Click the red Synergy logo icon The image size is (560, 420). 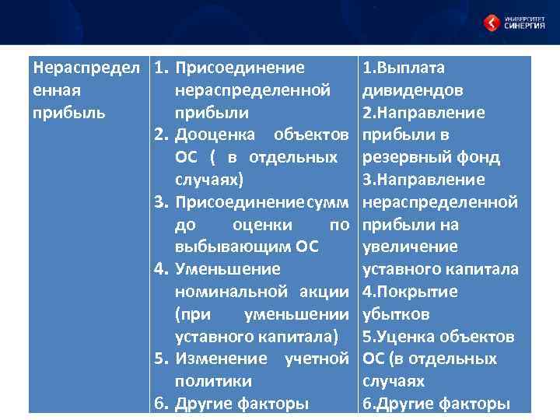(x=492, y=23)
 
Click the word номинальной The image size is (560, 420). (x=233, y=292)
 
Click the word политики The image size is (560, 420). (x=213, y=382)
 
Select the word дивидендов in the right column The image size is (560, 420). (x=413, y=90)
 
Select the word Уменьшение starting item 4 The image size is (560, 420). (x=228, y=270)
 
